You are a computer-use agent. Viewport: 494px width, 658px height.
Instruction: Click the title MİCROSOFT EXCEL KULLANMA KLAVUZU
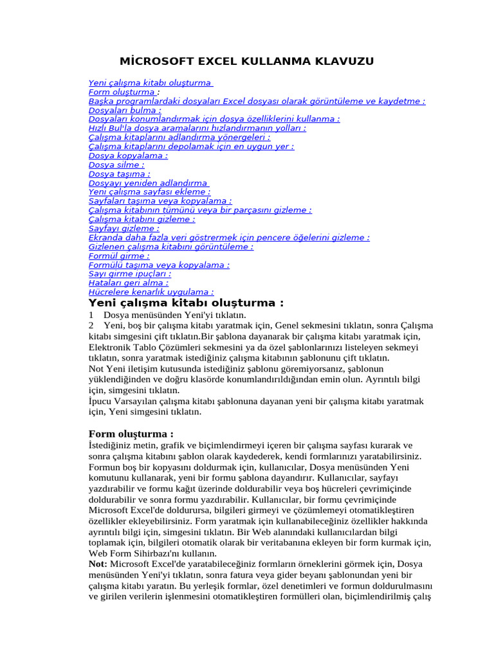(246, 62)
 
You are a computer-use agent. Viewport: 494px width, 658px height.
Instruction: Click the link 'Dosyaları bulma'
(124, 110)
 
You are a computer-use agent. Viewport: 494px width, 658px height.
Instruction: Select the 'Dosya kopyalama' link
(127, 156)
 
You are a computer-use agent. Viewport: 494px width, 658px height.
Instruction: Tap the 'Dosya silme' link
(116, 164)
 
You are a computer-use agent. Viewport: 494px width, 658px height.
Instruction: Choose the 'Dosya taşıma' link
(119, 173)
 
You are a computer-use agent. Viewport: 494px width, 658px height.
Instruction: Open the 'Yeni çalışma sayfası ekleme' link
(149, 192)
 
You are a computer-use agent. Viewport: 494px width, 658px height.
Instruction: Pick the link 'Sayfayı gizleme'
(123, 228)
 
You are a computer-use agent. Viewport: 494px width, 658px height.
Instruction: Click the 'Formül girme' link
(118, 256)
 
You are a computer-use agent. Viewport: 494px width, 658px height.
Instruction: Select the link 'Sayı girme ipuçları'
(129, 274)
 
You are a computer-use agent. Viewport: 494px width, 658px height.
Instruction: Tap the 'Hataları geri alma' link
(128, 283)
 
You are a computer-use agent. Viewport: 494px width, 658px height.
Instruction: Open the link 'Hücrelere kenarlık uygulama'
(151, 292)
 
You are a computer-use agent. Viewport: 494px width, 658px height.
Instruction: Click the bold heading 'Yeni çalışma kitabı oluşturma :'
(185, 303)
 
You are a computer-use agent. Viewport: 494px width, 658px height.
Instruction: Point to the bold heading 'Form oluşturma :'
(131, 434)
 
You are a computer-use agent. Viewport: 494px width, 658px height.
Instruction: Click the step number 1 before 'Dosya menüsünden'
(91, 316)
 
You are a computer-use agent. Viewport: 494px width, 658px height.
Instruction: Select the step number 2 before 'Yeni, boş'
(91, 326)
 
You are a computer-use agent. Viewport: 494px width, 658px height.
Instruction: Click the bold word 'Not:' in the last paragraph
(98, 564)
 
